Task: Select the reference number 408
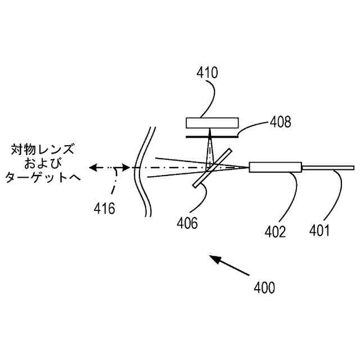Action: (x=280, y=121)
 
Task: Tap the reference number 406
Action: (x=187, y=223)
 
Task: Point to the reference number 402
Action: (x=276, y=231)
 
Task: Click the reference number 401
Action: (x=318, y=231)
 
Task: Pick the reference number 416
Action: (x=104, y=209)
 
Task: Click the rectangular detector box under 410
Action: (x=212, y=123)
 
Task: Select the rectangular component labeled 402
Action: (x=275, y=167)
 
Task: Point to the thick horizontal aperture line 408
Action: (x=212, y=135)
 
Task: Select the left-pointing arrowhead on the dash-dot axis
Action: (x=93, y=168)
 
